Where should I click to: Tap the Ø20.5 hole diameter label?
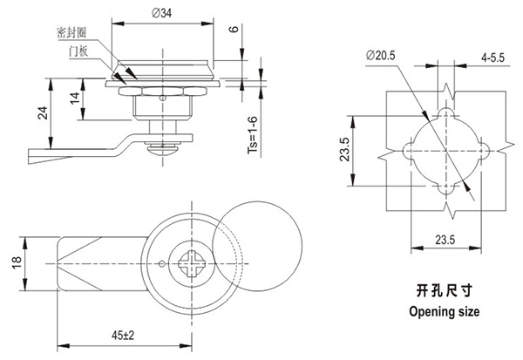click(381, 55)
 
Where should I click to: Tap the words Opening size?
click(445, 309)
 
